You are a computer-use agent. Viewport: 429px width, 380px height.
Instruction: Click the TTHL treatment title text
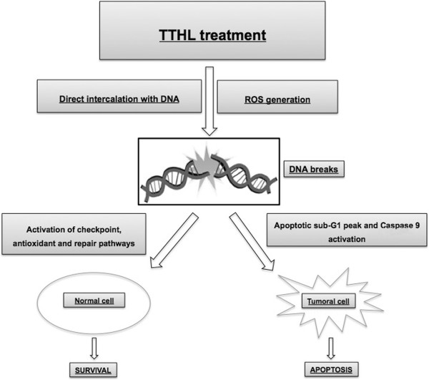point(212,35)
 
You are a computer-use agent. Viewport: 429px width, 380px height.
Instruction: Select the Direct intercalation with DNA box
point(119,96)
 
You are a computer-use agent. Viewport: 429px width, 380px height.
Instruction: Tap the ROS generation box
point(277,97)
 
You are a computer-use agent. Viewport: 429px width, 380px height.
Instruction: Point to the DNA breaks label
point(314,169)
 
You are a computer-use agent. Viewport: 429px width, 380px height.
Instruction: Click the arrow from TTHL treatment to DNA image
point(209,102)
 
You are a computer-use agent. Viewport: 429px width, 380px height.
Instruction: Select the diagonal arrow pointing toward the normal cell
point(174,240)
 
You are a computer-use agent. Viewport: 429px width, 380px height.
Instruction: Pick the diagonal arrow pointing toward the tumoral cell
point(252,241)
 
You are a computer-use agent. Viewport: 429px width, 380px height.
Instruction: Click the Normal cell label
point(94,301)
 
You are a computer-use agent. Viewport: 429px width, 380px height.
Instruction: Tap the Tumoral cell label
point(328,301)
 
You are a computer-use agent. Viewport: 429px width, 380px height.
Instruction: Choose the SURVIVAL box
point(93,370)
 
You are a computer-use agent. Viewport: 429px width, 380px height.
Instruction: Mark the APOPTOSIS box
point(331,369)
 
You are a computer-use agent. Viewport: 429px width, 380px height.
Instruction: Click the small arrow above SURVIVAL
point(94,349)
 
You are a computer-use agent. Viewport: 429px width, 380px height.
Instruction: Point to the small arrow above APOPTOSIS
point(331,349)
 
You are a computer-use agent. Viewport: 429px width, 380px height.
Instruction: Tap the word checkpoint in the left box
point(99,230)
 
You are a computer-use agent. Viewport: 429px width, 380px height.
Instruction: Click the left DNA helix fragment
point(175,180)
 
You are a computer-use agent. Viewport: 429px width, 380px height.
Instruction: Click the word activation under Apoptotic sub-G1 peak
point(347,239)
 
